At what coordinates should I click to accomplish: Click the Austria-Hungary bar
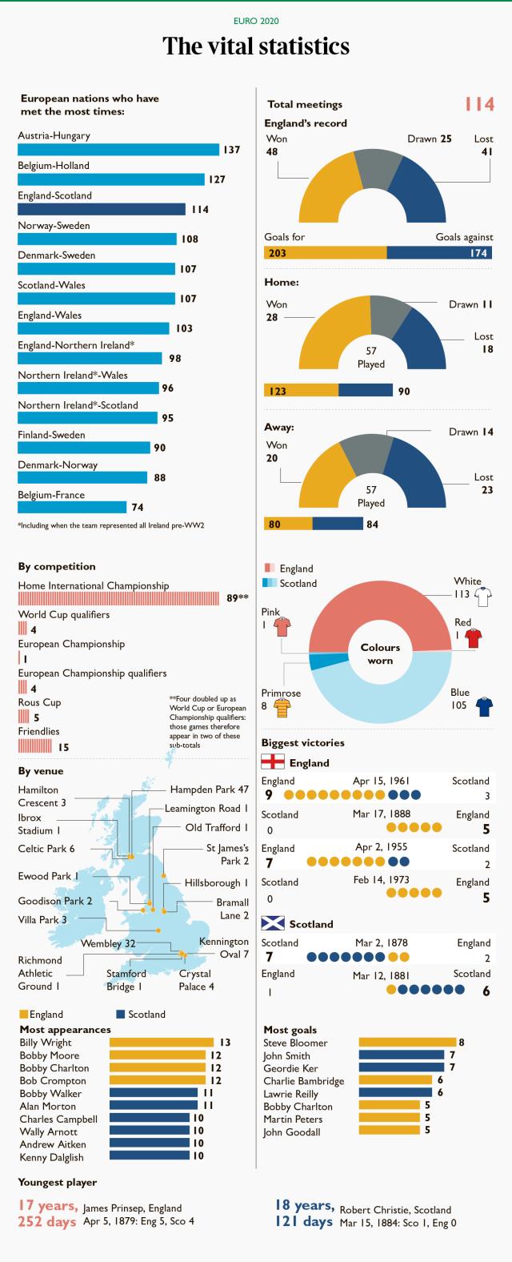118,150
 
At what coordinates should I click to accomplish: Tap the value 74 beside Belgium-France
137,508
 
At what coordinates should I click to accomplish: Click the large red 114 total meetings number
479,105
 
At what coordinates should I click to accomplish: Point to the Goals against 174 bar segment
439,253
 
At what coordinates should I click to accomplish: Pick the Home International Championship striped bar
118,598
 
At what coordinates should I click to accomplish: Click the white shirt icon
482,595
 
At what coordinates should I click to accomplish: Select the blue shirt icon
483,707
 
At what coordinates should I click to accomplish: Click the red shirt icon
474,638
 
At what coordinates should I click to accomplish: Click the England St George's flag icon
273,762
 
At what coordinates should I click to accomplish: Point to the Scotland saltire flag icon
273,923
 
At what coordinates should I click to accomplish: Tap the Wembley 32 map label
108,943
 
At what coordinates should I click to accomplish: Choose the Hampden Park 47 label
210,790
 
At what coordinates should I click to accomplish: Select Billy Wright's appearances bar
162,1043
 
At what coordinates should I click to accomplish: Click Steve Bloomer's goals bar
407,1043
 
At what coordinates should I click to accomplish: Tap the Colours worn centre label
380,654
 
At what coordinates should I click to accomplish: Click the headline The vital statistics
256,46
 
